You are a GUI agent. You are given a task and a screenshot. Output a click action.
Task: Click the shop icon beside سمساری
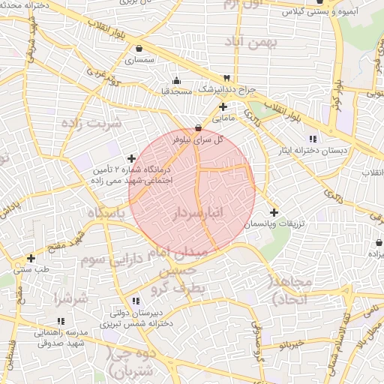[x=139, y=49]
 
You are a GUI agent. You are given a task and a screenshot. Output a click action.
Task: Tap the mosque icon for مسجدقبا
[x=176, y=80]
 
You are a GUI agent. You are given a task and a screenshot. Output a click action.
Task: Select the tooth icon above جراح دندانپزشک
[x=226, y=78]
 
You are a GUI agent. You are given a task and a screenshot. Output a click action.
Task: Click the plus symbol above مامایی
[x=223, y=107]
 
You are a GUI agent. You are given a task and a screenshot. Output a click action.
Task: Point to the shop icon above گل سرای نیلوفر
[x=198, y=128]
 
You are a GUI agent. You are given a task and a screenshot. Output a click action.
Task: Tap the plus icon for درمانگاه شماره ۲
[x=132, y=158]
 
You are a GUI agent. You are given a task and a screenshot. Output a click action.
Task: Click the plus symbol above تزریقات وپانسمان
[x=274, y=213]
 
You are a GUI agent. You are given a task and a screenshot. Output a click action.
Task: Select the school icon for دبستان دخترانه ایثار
[x=313, y=139]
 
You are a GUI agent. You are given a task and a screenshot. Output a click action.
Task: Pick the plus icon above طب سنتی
[x=31, y=258]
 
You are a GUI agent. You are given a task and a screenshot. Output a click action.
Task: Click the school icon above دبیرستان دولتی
[x=135, y=301]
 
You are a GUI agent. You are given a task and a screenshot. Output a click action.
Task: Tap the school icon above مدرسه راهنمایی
[x=39, y=321]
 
